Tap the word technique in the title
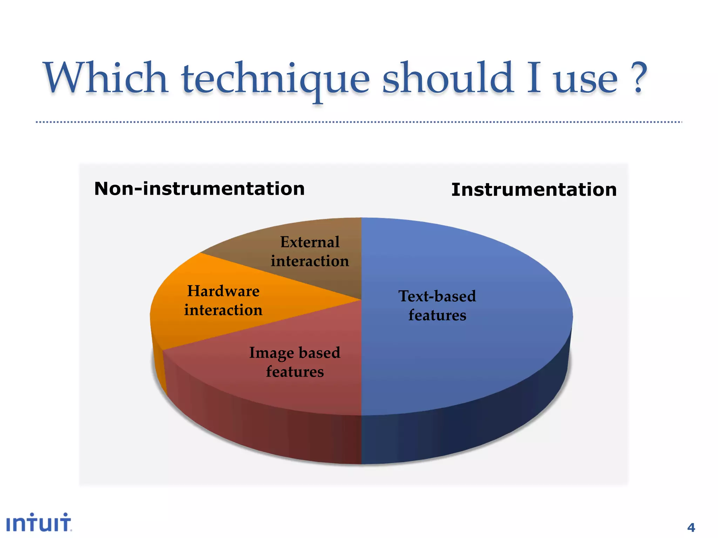point(276,79)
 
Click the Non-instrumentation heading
point(199,189)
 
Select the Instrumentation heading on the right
point(534,189)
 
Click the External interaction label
point(310,251)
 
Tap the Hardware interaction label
point(223,301)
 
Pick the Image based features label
point(294,362)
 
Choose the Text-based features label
point(437,305)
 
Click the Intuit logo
point(39,523)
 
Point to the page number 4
point(691,527)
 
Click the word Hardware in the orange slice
point(223,291)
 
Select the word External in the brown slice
point(310,242)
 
